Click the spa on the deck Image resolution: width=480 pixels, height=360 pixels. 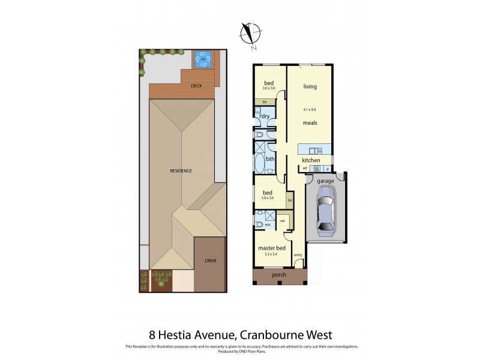point(204,59)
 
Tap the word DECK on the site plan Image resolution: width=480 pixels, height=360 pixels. point(196,86)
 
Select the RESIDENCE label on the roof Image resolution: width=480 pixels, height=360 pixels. point(181,171)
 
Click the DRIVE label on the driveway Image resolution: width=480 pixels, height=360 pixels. point(211,261)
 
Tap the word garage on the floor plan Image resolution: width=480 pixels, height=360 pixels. point(325,181)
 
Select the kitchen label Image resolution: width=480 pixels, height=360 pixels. point(311,161)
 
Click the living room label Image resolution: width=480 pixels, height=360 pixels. point(310,86)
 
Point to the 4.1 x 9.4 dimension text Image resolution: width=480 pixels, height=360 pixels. point(310,110)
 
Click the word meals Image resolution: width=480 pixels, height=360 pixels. point(310,123)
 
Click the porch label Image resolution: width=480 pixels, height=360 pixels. point(279,275)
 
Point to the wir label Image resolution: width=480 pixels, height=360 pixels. point(283,221)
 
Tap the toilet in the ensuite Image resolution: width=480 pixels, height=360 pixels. point(259,225)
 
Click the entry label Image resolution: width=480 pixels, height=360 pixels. point(298,256)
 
